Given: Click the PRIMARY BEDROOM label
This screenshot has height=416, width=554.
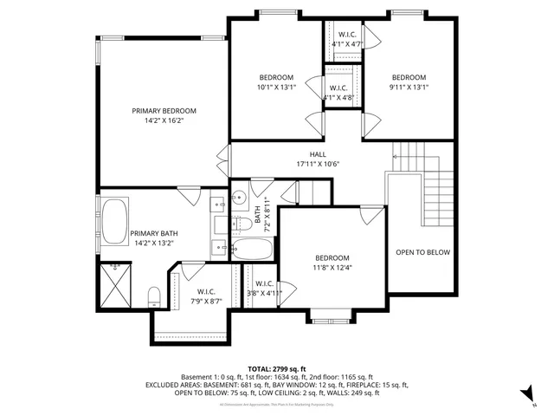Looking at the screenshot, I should pos(164,110).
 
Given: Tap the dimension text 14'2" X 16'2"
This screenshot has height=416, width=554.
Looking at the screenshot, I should pos(164,120).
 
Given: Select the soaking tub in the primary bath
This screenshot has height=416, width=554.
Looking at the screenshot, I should pos(115,222).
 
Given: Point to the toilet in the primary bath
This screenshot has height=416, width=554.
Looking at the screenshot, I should pos(154,297).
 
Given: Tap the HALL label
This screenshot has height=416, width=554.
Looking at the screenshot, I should pos(293,153).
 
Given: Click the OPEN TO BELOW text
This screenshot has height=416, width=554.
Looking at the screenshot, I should pos(422,252).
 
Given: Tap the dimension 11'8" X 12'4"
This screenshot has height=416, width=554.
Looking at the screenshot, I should pos(332,268).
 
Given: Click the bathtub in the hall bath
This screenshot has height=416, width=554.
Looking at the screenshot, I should pos(252,250).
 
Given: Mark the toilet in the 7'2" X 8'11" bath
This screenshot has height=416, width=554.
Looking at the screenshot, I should pos(244,224).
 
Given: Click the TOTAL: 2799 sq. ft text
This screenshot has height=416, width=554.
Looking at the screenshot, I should pos(276,368).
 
